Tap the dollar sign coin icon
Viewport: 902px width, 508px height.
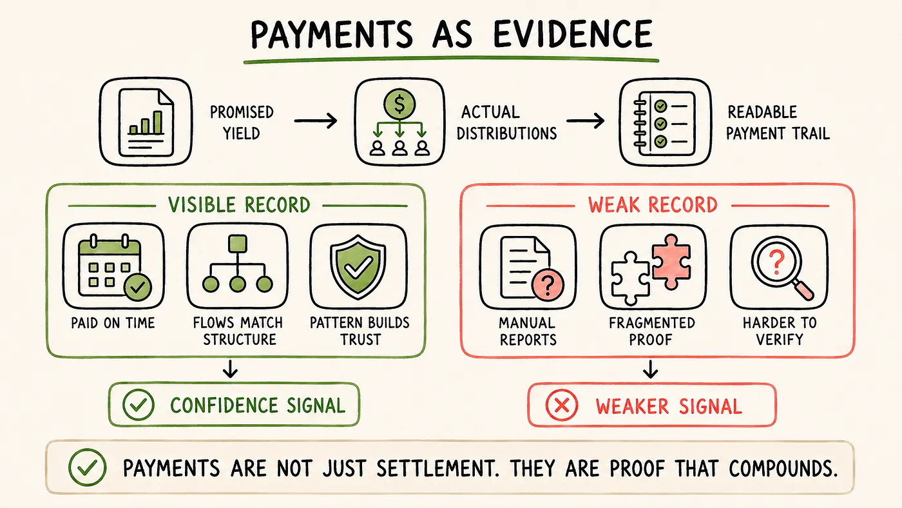399,104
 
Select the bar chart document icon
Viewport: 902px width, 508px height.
146,122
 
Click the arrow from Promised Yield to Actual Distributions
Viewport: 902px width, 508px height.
316,121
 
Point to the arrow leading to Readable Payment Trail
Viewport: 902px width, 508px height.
586,121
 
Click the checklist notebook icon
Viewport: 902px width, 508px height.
664,123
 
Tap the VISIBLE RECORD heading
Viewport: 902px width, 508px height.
239,205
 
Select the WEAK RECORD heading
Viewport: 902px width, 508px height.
653,205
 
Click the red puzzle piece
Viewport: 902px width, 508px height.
671,262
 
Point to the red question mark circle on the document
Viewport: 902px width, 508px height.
548,284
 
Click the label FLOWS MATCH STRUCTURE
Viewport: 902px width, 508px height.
238,331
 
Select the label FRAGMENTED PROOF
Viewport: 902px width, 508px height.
651,331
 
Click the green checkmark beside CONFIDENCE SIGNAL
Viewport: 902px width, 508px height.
138,405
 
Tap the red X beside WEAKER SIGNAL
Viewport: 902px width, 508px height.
562,405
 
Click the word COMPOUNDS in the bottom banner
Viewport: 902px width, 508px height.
783,469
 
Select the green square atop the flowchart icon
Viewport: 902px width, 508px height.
238,244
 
